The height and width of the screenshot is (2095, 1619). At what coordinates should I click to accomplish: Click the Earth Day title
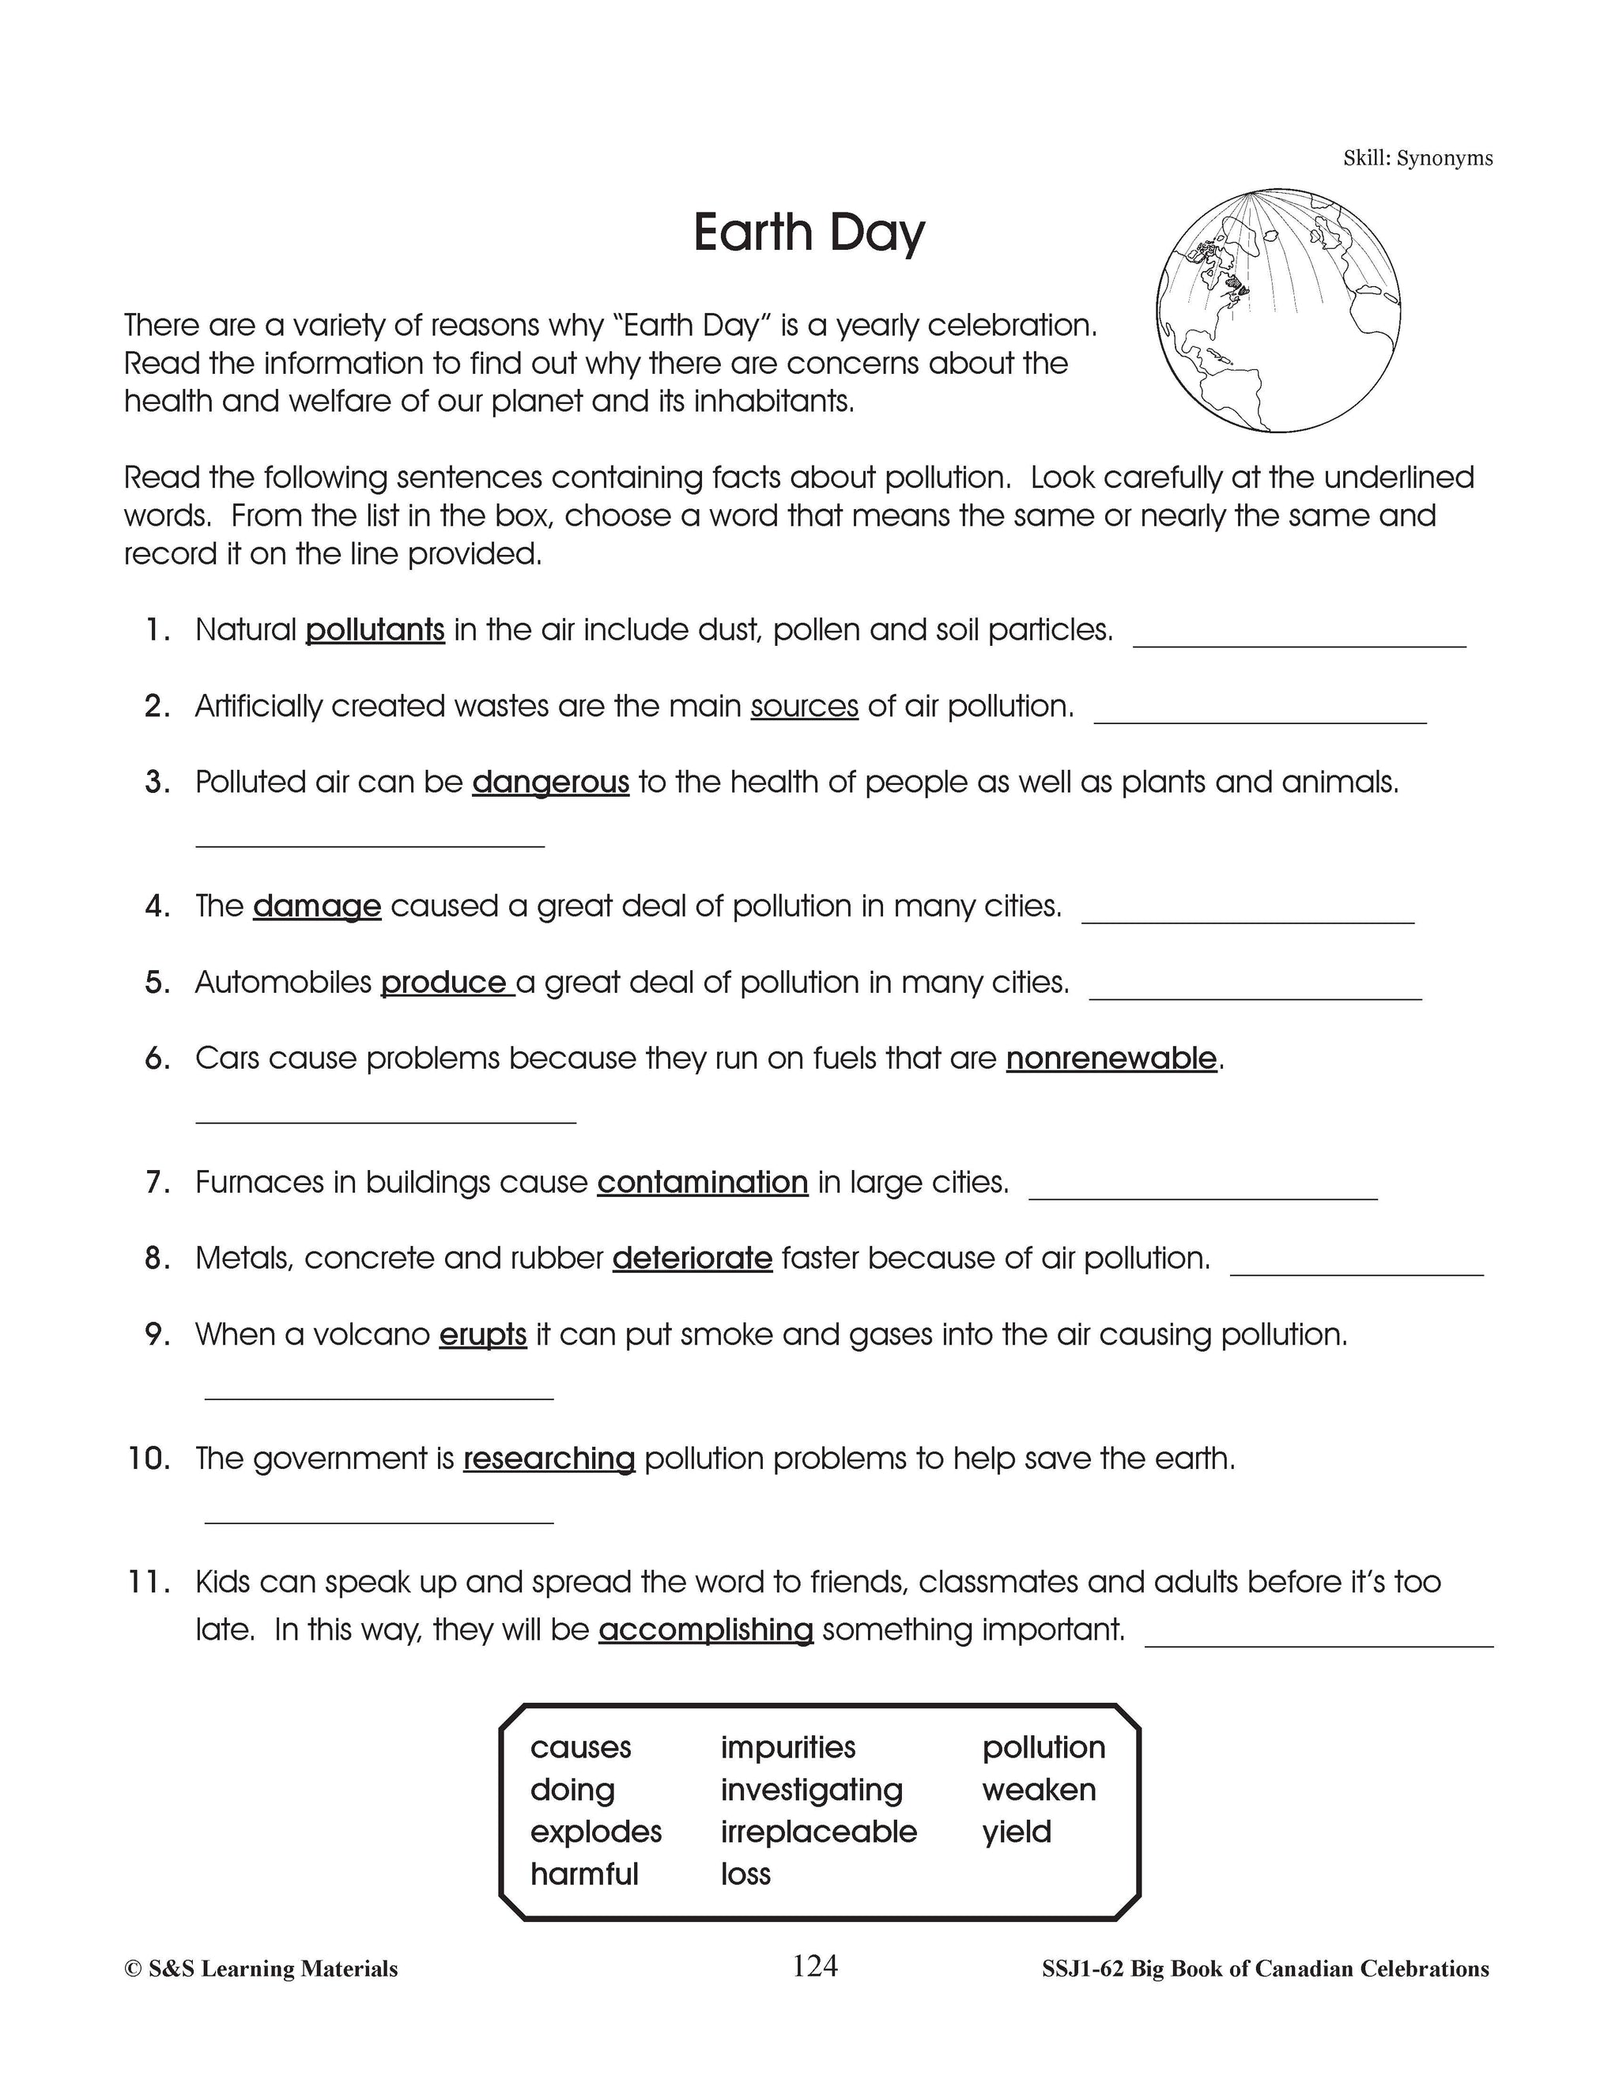click(x=809, y=233)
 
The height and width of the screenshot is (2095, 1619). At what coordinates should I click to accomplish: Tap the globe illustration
click(x=1278, y=310)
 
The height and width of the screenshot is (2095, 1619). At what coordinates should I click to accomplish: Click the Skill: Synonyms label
click(x=1417, y=158)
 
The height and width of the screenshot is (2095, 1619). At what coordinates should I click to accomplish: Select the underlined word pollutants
click(x=375, y=630)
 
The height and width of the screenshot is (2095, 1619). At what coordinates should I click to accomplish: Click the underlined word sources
click(x=804, y=707)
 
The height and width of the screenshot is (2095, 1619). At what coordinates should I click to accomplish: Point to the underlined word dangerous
click(x=550, y=783)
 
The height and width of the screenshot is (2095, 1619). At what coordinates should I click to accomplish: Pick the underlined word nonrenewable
click(x=1111, y=1059)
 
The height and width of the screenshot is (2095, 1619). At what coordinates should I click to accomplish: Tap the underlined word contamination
click(x=702, y=1183)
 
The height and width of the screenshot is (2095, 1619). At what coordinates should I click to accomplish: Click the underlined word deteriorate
click(x=692, y=1259)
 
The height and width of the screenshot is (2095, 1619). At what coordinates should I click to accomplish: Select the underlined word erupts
click(x=482, y=1335)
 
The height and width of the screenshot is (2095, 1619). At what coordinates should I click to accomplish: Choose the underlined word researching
click(x=549, y=1459)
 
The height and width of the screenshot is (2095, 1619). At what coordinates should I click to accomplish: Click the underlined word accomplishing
click(x=705, y=1630)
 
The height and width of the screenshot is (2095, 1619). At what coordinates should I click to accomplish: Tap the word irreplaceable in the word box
click(x=818, y=1831)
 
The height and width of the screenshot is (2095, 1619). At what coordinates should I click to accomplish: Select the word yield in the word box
click(x=1016, y=1831)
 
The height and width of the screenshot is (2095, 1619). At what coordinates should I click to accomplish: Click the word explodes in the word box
click(x=595, y=1831)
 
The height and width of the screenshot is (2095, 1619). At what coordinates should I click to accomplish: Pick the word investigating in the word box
click(x=811, y=1789)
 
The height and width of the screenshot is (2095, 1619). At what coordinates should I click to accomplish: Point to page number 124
click(x=814, y=1965)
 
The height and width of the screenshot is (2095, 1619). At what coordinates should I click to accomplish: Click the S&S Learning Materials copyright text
click(x=261, y=1969)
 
